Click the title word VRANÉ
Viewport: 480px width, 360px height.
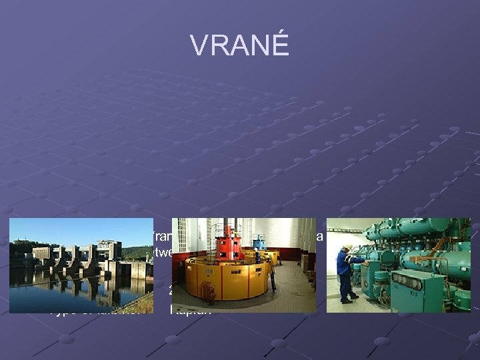click(x=239, y=45)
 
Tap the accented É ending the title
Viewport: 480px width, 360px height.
click(x=281, y=44)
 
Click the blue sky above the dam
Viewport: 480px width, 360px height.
click(x=80, y=230)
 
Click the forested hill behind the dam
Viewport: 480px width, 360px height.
click(x=137, y=252)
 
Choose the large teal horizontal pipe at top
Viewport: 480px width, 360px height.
click(x=427, y=227)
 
